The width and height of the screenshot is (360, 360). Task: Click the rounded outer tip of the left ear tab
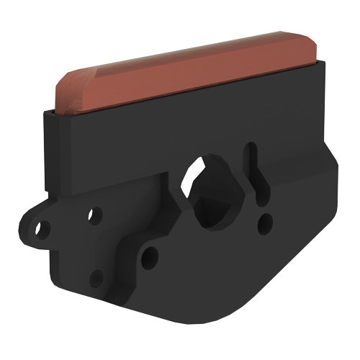point(22,234)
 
